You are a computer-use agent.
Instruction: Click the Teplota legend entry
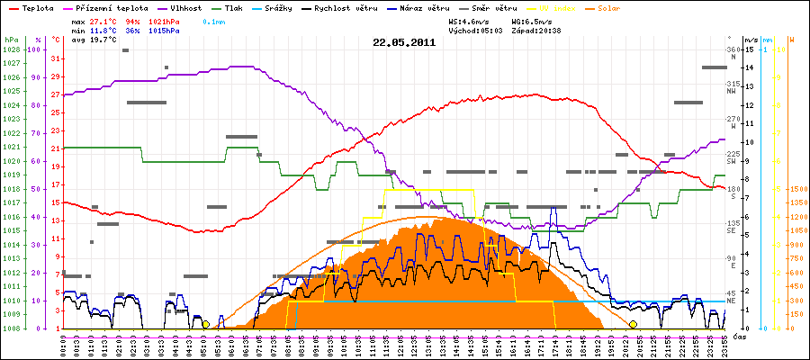click(x=31, y=7)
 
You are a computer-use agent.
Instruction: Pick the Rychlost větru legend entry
click(x=365, y=7)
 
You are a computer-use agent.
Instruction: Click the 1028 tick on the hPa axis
click(x=13, y=49)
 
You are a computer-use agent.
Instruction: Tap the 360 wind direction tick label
click(x=733, y=49)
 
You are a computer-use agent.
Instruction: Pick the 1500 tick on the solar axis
click(x=797, y=190)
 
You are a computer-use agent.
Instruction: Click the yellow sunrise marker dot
click(x=205, y=324)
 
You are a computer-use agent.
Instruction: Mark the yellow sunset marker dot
click(x=633, y=324)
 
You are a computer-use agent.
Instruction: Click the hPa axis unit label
click(x=11, y=40)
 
